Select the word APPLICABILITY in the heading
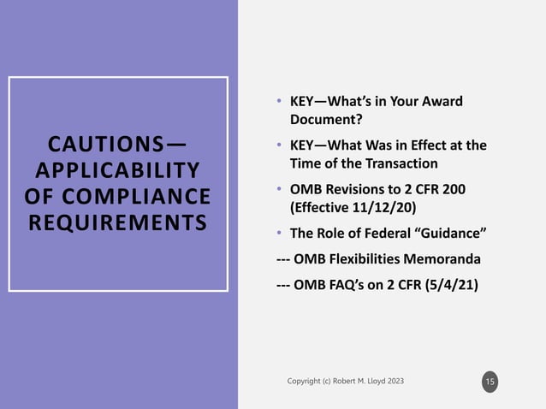(x=118, y=168)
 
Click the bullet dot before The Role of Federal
(x=268, y=233)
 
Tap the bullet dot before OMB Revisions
(x=268, y=189)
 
